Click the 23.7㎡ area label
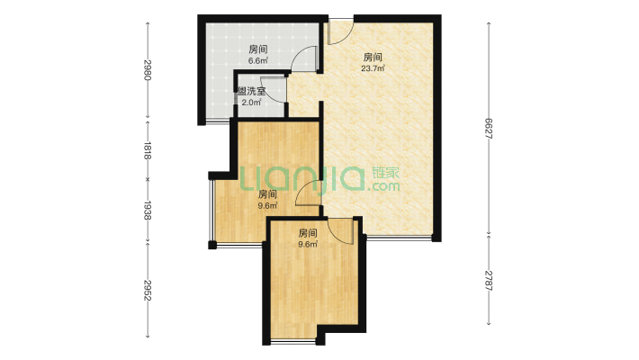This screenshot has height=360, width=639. coord(373,68)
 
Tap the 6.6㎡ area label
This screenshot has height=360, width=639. coord(258,61)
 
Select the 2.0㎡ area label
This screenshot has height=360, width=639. coord(251,103)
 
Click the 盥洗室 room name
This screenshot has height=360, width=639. coord(251,91)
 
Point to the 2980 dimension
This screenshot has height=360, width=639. coord(148,69)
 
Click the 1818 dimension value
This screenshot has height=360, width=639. coord(148,150)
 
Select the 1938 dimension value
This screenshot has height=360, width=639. coord(148,210)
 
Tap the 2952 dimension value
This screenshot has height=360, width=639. coord(148,290)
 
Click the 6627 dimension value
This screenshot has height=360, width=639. coord(489,129)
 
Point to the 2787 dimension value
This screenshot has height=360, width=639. coord(489,280)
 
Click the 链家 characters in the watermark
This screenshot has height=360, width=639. coord(386,173)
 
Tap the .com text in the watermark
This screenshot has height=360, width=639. coord(383,186)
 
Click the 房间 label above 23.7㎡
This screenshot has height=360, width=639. coord(373,57)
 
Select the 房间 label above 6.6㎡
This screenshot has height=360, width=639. coord(258,49)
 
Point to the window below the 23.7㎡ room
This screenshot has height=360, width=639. coord(399,237)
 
